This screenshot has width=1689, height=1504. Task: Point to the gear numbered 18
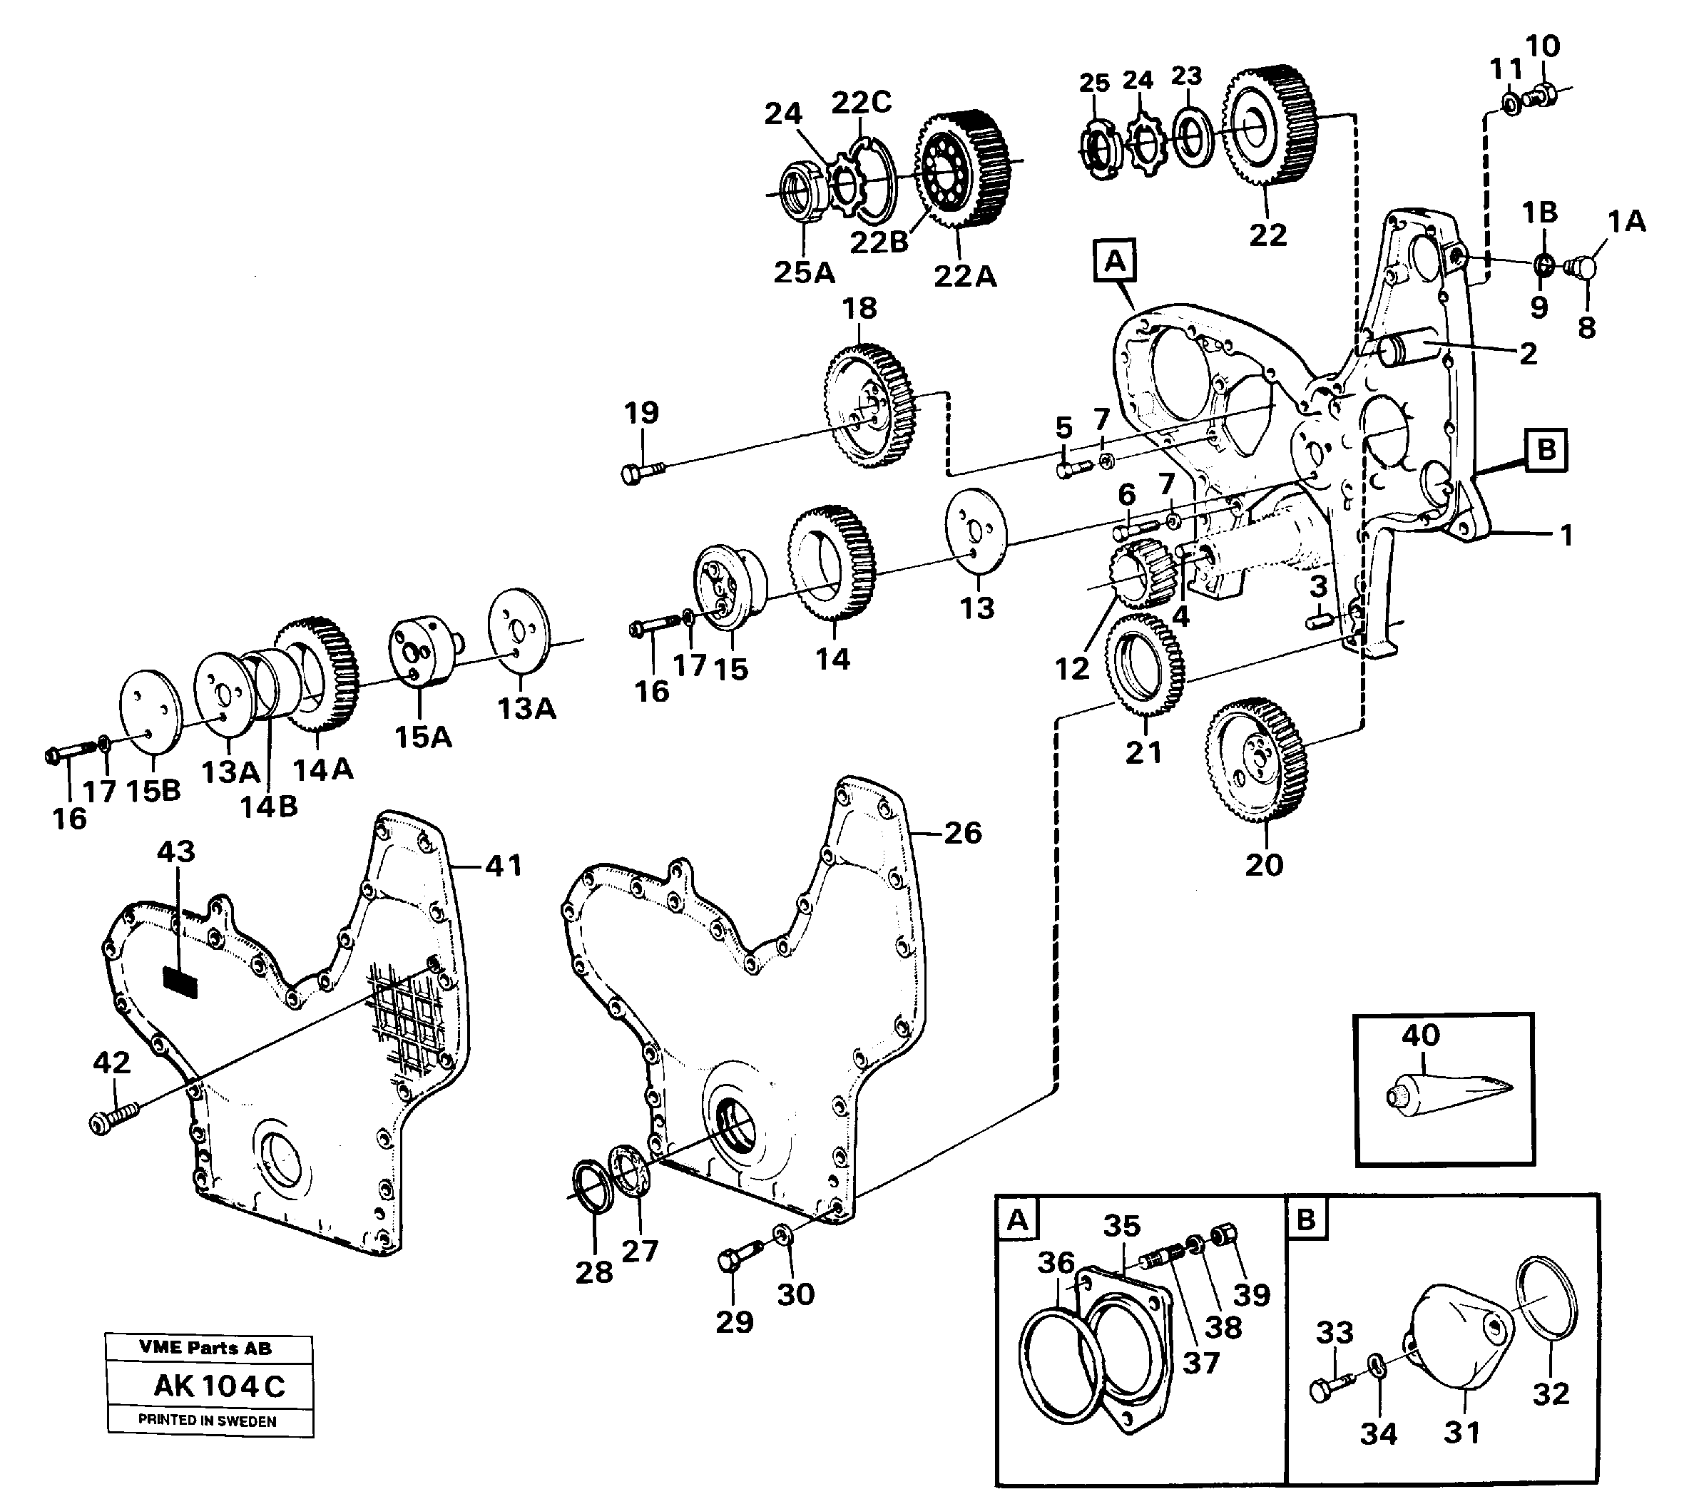(x=872, y=408)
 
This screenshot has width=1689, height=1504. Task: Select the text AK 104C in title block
(x=219, y=1386)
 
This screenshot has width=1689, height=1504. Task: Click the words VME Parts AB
(x=205, y=1348)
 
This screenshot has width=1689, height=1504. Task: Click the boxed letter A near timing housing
(x=1115, y=261)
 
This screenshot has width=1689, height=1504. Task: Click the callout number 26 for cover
(x=963, y=832)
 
